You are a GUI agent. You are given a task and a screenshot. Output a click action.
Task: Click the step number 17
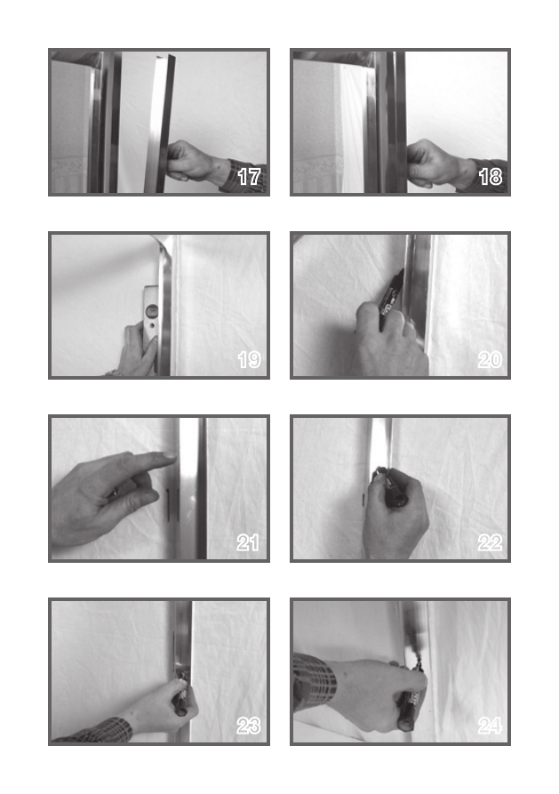[249, 177]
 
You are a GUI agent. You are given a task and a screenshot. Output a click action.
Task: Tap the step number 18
[491, 177]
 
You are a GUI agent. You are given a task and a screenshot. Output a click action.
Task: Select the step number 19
[249, 360]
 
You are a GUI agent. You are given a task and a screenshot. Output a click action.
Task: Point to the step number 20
[491, 360]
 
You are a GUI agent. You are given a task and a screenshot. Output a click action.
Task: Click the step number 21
[248, 543]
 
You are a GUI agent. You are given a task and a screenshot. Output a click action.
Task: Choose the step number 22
[491, 543]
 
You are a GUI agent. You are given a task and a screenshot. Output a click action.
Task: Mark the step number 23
[249, 726]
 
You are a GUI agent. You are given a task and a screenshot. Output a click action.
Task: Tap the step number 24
[491, 726]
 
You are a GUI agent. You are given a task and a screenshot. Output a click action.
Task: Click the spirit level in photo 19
[151, 319]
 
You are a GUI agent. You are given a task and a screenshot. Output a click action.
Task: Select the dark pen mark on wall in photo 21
[168, 505]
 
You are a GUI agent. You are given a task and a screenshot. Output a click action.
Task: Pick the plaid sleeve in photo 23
[96, 731]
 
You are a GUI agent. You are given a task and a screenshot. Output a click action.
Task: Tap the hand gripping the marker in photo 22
[395, 511]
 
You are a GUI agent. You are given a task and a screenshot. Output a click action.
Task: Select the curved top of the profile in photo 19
[165, 248]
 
